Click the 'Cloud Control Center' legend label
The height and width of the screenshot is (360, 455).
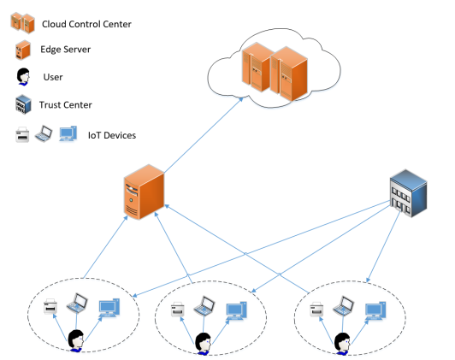pos(86,24)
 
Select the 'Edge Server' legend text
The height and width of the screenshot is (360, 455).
pos(65,50)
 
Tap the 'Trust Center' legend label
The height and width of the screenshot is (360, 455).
pos(66,104)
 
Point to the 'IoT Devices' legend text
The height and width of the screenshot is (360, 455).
pos(112,135)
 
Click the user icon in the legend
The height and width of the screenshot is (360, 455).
pos(23,77)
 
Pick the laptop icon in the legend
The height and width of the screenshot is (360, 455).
pos(44,133)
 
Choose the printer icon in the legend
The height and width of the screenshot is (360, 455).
pos(22,134)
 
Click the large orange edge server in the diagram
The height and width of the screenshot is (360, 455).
pos(144,192)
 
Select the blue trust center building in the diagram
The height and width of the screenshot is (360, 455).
pos(408,193)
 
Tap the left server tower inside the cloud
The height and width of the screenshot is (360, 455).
pos(257,67)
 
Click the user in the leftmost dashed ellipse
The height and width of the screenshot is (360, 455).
pos(76,341)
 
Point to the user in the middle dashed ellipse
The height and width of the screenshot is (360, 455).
pos(204,344)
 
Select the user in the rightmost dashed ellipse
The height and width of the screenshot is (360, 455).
pos(342,344)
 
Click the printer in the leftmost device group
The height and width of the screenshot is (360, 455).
pos(50,307)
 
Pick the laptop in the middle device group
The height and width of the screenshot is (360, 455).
pos(204,306)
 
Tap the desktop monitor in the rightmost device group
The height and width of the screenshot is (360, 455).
pos(375,310)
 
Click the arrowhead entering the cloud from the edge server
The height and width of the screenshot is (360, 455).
pos(240,99)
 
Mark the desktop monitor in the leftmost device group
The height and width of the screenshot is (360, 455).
pos(109,308)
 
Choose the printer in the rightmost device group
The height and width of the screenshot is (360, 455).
pos(316,310)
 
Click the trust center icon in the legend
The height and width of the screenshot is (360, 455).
pos(23,104)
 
